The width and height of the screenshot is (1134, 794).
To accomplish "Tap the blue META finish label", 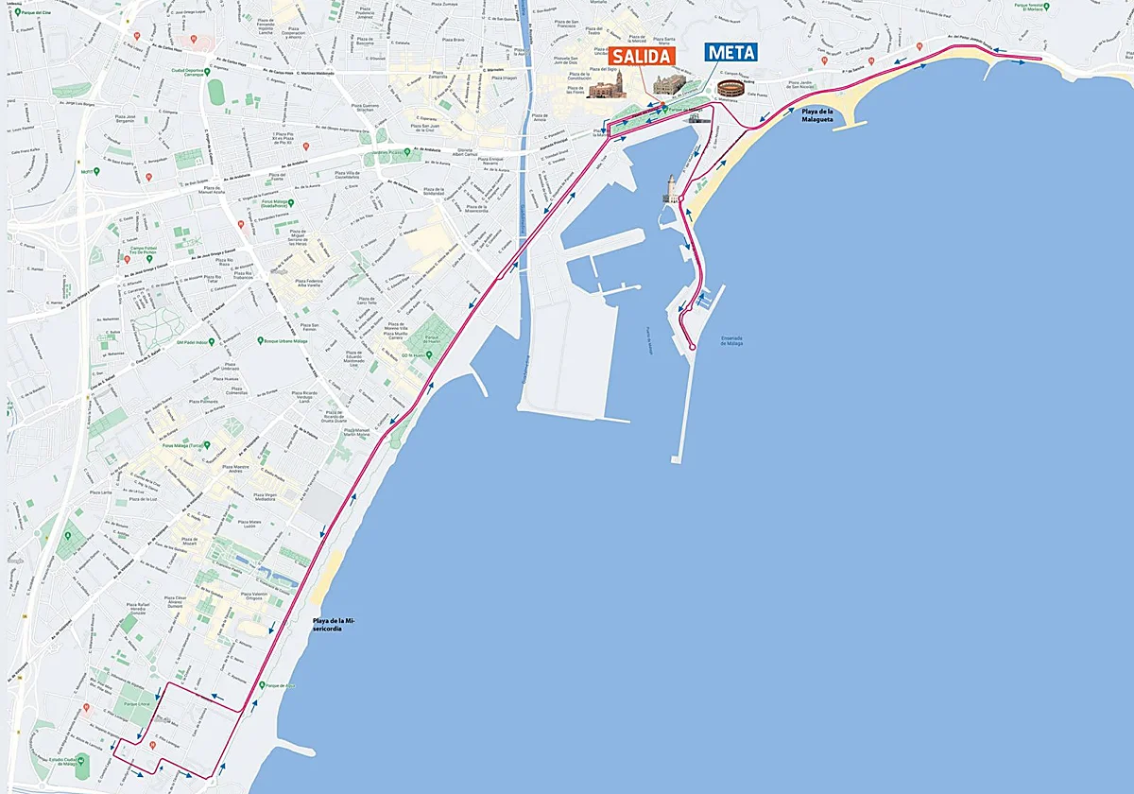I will (731, 53).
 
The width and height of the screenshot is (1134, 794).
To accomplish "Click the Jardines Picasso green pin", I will (387, 152).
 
